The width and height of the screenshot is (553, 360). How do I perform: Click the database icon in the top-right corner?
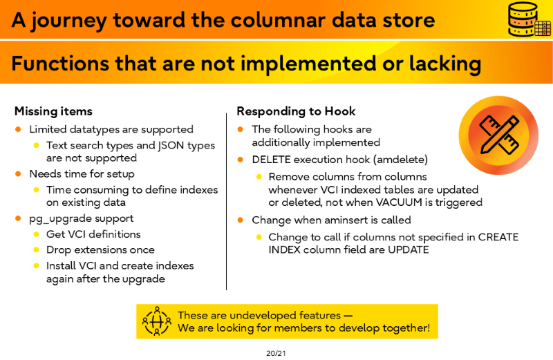[529, 19]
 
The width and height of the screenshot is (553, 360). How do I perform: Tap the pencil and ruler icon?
[498, 135]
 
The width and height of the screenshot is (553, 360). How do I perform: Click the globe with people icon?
[157, 321]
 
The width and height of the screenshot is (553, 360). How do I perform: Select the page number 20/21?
[276, 353]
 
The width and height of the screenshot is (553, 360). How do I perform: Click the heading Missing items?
[53, 111]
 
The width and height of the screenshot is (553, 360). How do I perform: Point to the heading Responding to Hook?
[296, 111]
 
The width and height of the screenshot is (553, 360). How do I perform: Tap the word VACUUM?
[399, 202]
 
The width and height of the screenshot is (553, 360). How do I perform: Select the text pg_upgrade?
[55, 219]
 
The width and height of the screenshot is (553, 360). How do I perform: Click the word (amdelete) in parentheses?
[402, 160]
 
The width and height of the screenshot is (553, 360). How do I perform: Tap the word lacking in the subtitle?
[445, 64]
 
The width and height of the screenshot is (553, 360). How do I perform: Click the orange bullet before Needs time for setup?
[19, 173]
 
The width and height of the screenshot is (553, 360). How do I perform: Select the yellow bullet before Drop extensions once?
[36, 249]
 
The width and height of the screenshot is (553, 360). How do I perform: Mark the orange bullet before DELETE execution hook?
[241, 160]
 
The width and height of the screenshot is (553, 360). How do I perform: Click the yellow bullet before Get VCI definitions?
[36, 234]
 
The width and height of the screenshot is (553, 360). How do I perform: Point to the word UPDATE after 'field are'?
[409, 249]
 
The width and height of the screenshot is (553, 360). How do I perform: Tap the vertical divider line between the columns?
[227, 202]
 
